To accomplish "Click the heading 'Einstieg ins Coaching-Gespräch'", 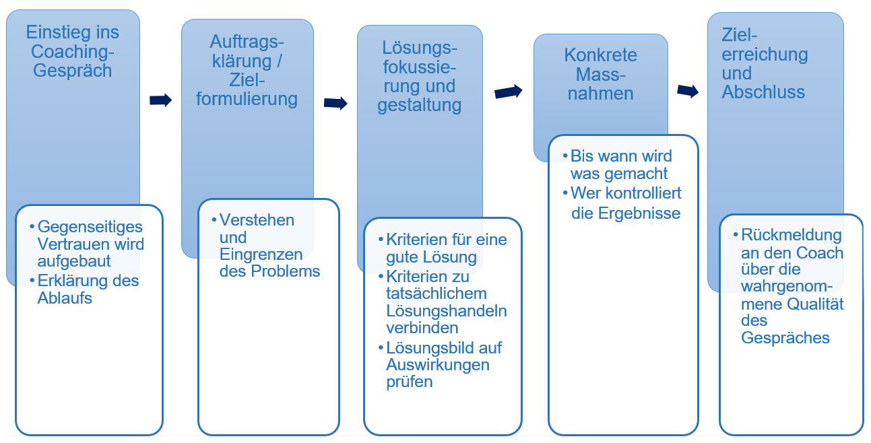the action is click(x=72, y=51).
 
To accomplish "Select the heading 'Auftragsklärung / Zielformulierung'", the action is click(x=247, y=70).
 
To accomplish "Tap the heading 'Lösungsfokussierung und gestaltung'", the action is click(x=420, y=77).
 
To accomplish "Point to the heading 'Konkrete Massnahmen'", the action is click(x=601, y=74).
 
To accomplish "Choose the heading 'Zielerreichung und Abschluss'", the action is click(x=765, y=64).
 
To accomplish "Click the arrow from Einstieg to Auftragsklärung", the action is click(x=160, y=100).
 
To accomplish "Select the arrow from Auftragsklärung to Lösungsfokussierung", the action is click(x=335, y=104).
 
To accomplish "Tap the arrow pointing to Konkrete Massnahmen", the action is click(x=508, y=92).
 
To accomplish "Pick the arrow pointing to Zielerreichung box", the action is click(x=688, y=92).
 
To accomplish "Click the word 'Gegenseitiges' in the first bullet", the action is click(x=90, y=227).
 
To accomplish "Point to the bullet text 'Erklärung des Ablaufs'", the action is click(x=88, y=289).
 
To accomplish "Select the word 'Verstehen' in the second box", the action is click(x=257, y=220).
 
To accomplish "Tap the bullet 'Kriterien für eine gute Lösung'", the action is click(x=447, y=248).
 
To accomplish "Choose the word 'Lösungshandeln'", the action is click(x=447, y=311).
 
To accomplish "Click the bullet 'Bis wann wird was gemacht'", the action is click(x=621, y=165).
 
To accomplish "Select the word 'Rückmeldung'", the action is click(x=792, y=235).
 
